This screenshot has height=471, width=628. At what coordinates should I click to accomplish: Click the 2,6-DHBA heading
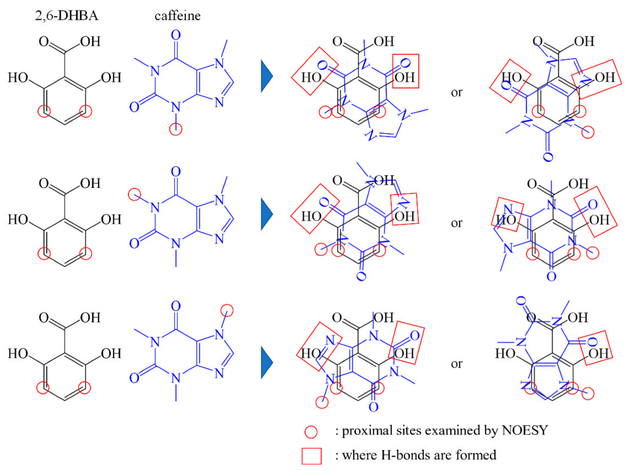point(66,15)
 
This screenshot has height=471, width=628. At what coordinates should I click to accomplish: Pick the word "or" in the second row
point(456,223)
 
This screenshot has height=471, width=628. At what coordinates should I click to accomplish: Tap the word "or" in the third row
point(456,364)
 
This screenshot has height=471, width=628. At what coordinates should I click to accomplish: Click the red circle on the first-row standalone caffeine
point(176,129)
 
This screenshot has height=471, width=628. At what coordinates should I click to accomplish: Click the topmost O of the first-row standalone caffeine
point(176,35)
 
